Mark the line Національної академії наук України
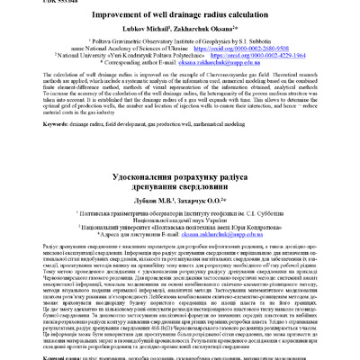coord(180,229)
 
